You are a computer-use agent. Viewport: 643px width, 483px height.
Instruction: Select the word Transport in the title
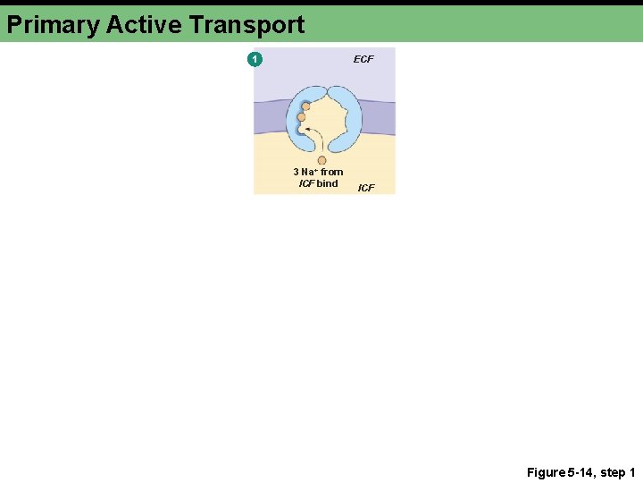click(247, 25)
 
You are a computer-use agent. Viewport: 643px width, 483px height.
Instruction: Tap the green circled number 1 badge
click(255, 59)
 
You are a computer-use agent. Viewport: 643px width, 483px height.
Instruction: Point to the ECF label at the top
click(363, 59)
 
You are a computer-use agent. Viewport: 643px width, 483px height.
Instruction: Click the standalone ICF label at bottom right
click(366, 188)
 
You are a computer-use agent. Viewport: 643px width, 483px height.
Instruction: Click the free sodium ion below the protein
click(321, 161)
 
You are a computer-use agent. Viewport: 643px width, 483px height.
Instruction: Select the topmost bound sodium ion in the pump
click(305, 106)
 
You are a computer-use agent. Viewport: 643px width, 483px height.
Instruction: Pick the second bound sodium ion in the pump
click(301, 117)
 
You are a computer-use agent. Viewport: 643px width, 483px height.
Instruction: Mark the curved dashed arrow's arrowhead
click(306, 131)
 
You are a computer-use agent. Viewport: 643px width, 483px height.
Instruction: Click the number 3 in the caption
click(296, 172)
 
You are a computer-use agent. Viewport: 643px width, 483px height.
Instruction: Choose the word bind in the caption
click(328, 183)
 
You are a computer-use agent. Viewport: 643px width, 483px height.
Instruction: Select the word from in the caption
click(332, 172)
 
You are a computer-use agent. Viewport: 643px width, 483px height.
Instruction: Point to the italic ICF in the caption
click(306, 183)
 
